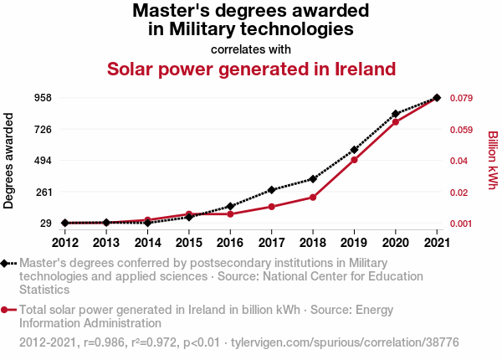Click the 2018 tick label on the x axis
coord(313,243)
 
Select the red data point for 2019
coord(354,160)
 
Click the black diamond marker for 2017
coord(272,190)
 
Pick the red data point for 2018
coord(313,198)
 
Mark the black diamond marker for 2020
coord(396,114)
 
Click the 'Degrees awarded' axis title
coord(9,161)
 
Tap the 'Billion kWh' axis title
coord(492,161)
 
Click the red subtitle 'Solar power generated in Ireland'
coord(251,68)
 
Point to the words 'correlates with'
coord(251,49)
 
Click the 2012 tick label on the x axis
coord(64,243)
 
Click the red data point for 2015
coord(189,214)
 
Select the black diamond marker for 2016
coord(230,206)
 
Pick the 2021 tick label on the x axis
coord(437,243)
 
